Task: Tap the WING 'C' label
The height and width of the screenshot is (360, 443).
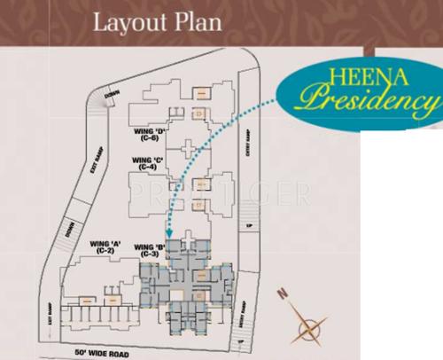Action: tap(144, 160)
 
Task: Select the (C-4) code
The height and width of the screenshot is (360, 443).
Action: tap(144, 168)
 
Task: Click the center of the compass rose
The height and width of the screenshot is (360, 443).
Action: tap(307, 326)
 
